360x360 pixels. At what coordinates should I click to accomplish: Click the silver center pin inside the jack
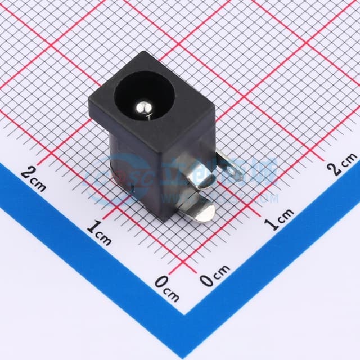click(x=143, y=105)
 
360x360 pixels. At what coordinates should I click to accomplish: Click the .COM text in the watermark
click(x=267, y=199)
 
